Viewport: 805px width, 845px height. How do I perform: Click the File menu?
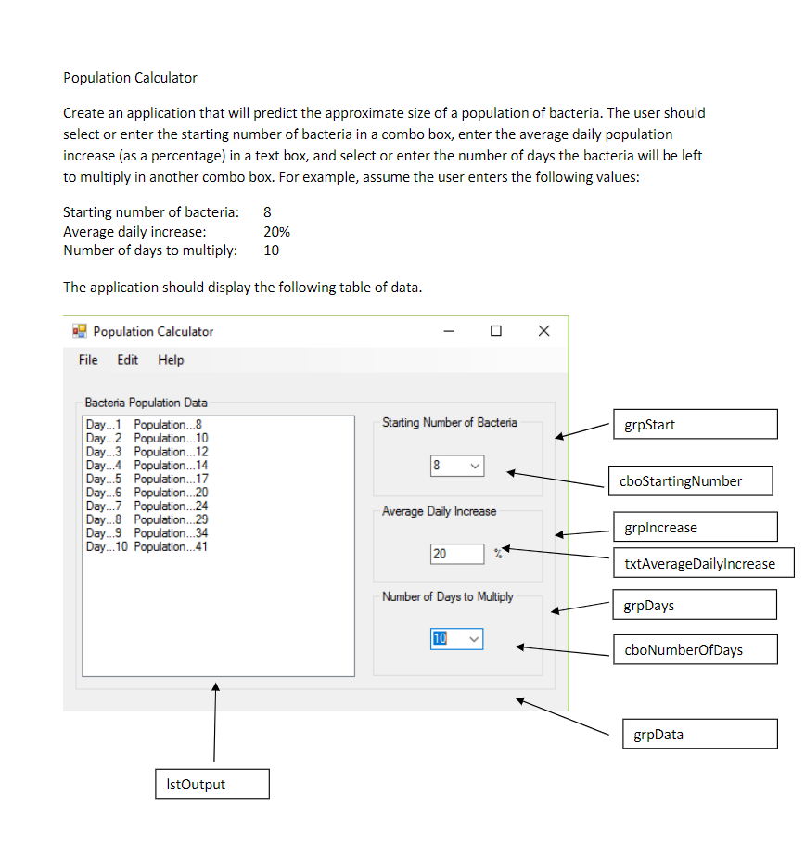click(88, 360)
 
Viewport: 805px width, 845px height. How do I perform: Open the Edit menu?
click(128, 360)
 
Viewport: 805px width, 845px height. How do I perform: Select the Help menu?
click(171, 360)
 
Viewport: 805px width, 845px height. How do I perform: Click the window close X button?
click(543, 331)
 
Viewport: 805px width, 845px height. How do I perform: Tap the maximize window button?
click(496, 331)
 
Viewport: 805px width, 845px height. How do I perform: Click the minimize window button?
click(449, 331)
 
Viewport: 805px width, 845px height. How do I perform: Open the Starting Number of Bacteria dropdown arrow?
click(474, 466)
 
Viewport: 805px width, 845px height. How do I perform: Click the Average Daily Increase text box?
click(456, 554)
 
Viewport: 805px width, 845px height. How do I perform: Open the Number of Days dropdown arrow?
click(474, 639)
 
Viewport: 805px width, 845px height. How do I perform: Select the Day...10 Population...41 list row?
click(147, 547)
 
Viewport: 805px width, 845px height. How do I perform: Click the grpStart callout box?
click(694, 425)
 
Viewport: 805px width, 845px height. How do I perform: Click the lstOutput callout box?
click(211, 784)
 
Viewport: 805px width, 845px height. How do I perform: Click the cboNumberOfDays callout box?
click(694, 649)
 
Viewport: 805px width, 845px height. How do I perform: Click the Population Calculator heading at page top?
click(130, 78)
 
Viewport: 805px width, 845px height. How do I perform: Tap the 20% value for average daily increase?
click(276, 232)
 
